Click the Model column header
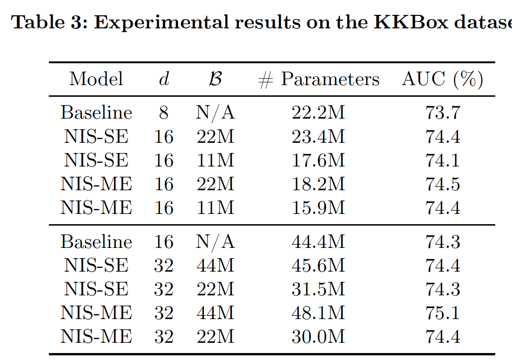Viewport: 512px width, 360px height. tap(96, 80)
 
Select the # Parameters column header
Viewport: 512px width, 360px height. tap(319, 80)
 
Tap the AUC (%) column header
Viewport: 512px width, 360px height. tap(442, 80)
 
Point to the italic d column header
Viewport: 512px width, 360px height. tap(164, 80)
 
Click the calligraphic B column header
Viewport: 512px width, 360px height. tap(215, 80)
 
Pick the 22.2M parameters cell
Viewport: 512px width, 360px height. tap(318, 113)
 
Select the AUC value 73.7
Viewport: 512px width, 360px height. tap(443, 113)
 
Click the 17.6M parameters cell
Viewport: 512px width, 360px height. tap(318, 160)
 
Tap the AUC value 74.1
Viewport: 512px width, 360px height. tap(443, 160)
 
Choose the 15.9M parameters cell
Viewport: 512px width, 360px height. tap(318, 207)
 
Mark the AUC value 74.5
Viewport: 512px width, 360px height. tap(443, 184)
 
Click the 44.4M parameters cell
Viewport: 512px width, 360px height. tap(318, 242)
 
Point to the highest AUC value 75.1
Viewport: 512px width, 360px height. tap(443, 313)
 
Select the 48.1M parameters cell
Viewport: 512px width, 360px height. tap(318, 313)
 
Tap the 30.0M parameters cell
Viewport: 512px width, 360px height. tap(318, 336)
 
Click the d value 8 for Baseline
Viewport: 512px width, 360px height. tap(164, 113)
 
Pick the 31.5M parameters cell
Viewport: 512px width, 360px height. tap(318, 289)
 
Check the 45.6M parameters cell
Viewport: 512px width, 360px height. tap(318, 266)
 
